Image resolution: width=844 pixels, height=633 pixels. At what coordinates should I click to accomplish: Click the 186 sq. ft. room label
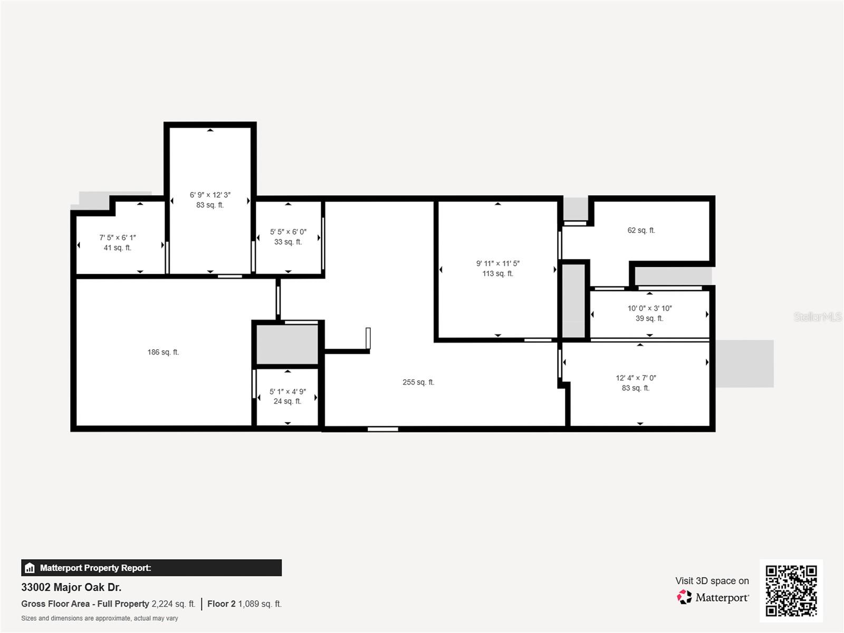(x=163, y=352)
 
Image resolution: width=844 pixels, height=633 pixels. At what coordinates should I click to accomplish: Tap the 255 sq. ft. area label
(x=418, y=382)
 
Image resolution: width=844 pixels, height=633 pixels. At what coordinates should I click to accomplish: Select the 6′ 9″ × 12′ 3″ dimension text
(x=210, y=195)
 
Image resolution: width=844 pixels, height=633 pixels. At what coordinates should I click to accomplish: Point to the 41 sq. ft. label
(x=117, y=248)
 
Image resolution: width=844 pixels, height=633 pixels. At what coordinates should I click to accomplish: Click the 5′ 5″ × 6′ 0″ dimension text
(x=288, y=232)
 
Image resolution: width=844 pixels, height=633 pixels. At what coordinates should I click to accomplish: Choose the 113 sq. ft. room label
(x=497, y=274)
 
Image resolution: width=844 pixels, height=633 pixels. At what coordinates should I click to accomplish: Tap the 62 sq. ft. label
(x=641, y=230)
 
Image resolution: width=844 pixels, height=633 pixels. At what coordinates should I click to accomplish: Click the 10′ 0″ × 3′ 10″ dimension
(x=649, y=308)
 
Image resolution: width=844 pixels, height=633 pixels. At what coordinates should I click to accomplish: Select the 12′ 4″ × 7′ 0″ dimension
(x=636, y=378)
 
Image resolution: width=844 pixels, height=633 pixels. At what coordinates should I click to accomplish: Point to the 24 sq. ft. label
(x=287, y=401)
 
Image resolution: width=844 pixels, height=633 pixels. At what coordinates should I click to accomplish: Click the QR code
(x=791, y=590)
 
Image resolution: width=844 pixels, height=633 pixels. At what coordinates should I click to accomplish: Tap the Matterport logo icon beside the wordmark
(x=684, y=597)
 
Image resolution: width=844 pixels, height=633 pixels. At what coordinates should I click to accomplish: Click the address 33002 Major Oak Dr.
(x=71, y=587)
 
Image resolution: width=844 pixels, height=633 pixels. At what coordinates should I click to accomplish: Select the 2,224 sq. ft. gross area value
(x=174, y=604)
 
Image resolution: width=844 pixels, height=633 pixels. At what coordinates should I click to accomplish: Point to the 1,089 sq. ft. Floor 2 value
(x=260, y=604)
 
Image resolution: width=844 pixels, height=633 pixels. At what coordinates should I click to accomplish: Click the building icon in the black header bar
(x=30, y=568)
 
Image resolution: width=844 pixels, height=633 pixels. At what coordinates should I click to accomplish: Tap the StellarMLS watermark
(x=818, y=316)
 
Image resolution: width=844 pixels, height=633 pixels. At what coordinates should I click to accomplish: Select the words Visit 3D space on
(x=712, y=581)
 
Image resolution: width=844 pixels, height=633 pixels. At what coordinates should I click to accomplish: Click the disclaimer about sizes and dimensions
(x=100, y=618)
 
